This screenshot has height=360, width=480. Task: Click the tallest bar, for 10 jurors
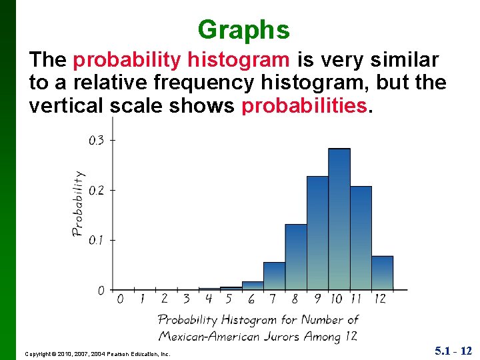[339, 220]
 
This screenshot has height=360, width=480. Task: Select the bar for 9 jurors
[317, 233]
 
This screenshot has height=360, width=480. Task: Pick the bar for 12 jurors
[382, 273]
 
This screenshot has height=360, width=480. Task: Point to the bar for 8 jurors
[296, 257]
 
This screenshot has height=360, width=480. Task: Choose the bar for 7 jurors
[274, 276]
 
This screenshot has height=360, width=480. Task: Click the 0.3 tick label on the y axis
[96, 140]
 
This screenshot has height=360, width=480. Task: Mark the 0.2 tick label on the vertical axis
[96, 190]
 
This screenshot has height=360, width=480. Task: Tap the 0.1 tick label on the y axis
[96, 239]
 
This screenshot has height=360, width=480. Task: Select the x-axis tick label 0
[120, 299]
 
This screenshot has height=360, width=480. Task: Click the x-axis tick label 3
[186, 299]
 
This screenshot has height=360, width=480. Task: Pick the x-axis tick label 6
[251, 299]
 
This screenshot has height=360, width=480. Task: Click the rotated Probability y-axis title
[78, 203]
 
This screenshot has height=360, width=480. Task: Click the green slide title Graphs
[243, 30]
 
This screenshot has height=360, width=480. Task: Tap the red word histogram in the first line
[239, 61]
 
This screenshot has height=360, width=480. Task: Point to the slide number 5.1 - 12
[453, 350]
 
